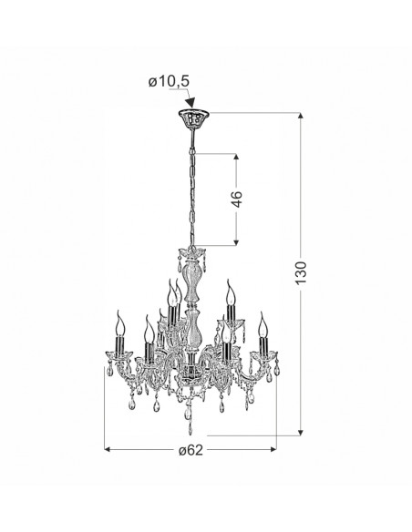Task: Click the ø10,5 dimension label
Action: click(x=169, y=82)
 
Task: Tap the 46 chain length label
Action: click(x=237, y=199)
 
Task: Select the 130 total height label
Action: click(x=301, y=272)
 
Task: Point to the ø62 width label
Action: click(x=191, y=450)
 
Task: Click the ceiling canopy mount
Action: click(x=193, y=118)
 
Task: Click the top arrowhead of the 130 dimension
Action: click(x=301, y=116)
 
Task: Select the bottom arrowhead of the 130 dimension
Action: click(x=301, y=432)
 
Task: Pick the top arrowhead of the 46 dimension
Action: click(x=237, y=158)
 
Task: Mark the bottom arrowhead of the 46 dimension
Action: click(x=237, y=241)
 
